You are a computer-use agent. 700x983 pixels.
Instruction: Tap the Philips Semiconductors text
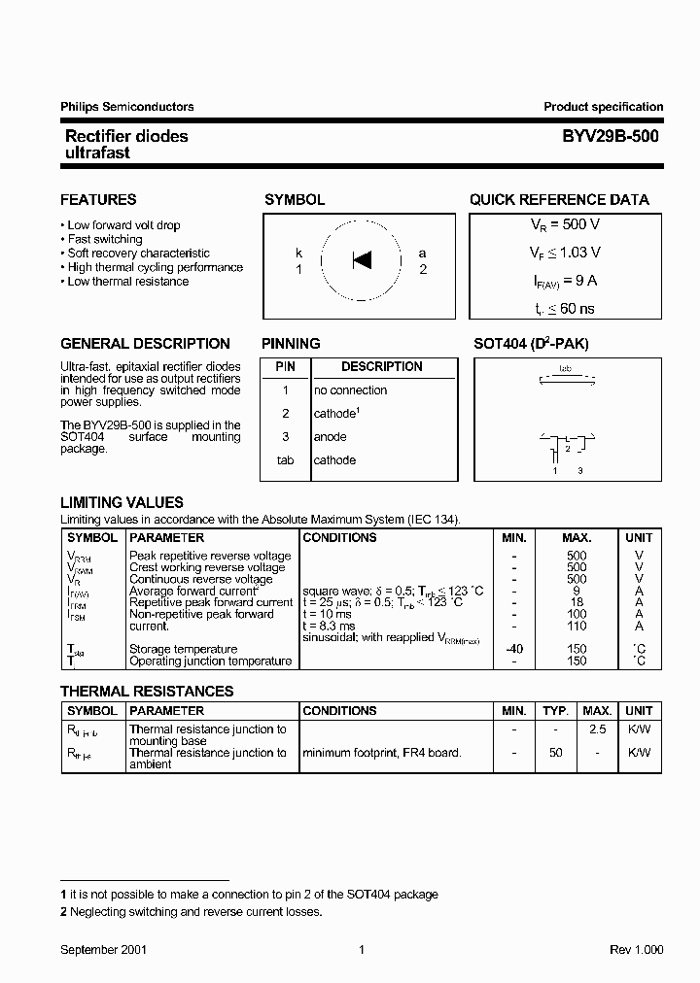tap(126, 107)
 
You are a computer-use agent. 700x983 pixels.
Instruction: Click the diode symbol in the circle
tap(362, 259)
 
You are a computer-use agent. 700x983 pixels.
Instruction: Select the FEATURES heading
tap(98, 200)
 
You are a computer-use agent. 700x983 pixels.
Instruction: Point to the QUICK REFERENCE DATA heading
tap(559, 200)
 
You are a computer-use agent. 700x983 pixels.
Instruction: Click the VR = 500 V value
tap(564, 224)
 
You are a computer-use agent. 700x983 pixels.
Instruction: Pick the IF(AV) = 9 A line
tap(564, 281)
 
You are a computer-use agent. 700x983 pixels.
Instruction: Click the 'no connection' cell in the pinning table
tap(350, 390)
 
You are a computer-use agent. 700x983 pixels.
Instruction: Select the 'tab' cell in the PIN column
tap(285, 460)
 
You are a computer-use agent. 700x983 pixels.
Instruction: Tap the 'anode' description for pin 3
tap(331, 437)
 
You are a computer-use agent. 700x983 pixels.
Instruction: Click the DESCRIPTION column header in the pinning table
tap(382, 367)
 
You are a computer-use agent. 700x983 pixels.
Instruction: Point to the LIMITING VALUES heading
tap(122, 503)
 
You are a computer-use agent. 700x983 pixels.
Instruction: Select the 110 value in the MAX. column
tap(577, 626)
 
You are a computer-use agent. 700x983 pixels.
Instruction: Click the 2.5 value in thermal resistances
tap(598, 729)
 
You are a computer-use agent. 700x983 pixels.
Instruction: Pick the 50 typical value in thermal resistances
tap(555, 753)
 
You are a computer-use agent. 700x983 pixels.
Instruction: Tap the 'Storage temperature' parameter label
tap(184, 649)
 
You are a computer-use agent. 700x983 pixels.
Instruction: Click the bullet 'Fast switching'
tap(105, 239)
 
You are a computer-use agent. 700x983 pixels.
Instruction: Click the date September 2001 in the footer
tap(104, 950)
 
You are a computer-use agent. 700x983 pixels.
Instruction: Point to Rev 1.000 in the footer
tap(636, 950)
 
